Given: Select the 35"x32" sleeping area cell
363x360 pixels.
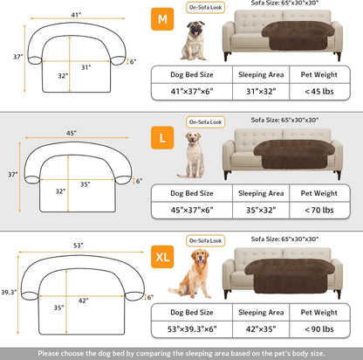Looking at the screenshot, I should [x=258, y=210].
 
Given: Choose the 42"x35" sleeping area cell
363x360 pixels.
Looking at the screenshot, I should [x=258, y=329].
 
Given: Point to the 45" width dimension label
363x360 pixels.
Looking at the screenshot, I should [x=72, y=134].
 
